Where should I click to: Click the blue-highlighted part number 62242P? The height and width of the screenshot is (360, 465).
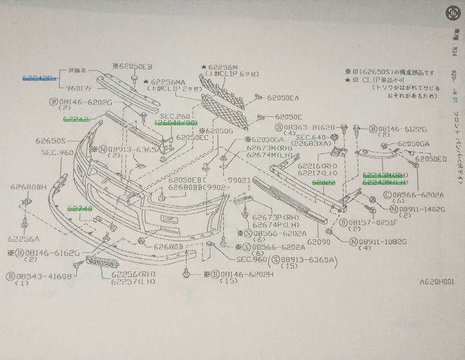39,79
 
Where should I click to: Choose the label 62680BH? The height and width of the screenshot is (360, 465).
29,187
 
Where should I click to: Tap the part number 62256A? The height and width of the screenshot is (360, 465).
24,239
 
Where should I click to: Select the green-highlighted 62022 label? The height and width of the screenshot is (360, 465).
324,183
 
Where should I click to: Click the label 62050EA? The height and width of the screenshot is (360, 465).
283,98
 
